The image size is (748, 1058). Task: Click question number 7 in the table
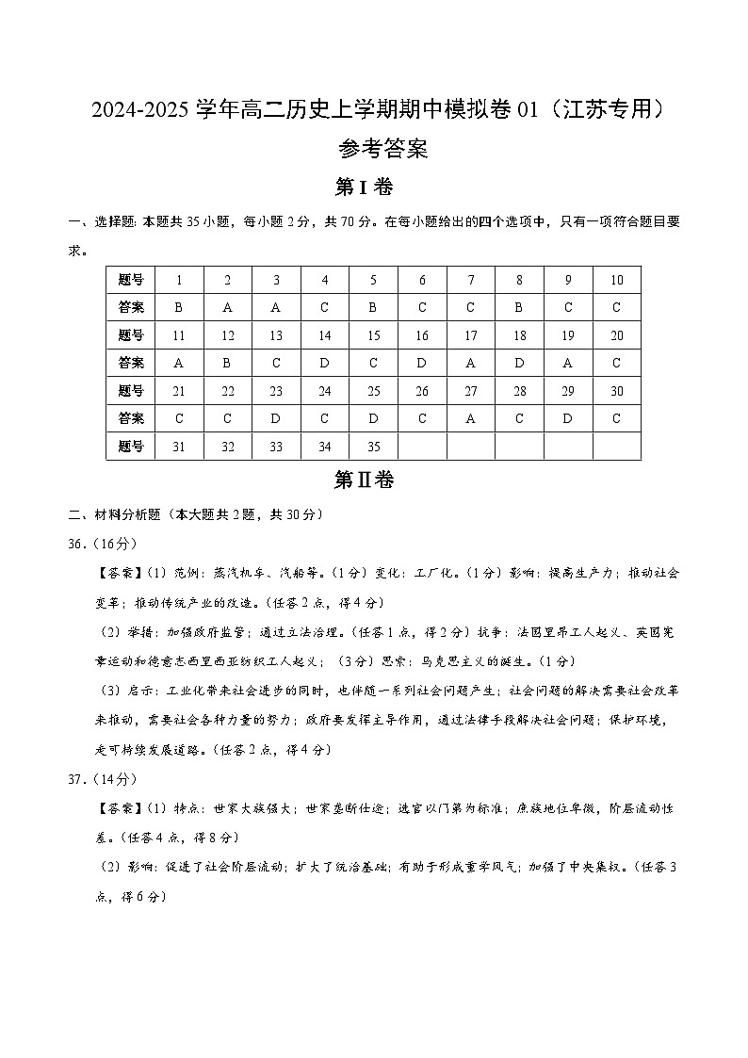471,280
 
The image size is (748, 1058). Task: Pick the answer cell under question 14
325,363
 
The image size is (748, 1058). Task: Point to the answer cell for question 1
179,307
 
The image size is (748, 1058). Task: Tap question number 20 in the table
617,335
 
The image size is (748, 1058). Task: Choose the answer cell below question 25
374,418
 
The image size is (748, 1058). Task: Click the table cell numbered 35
374,447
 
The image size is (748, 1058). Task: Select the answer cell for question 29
568,418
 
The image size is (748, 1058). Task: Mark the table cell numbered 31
179,447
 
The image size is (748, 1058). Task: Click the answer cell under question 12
228,363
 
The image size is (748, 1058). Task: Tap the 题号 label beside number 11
131,335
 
